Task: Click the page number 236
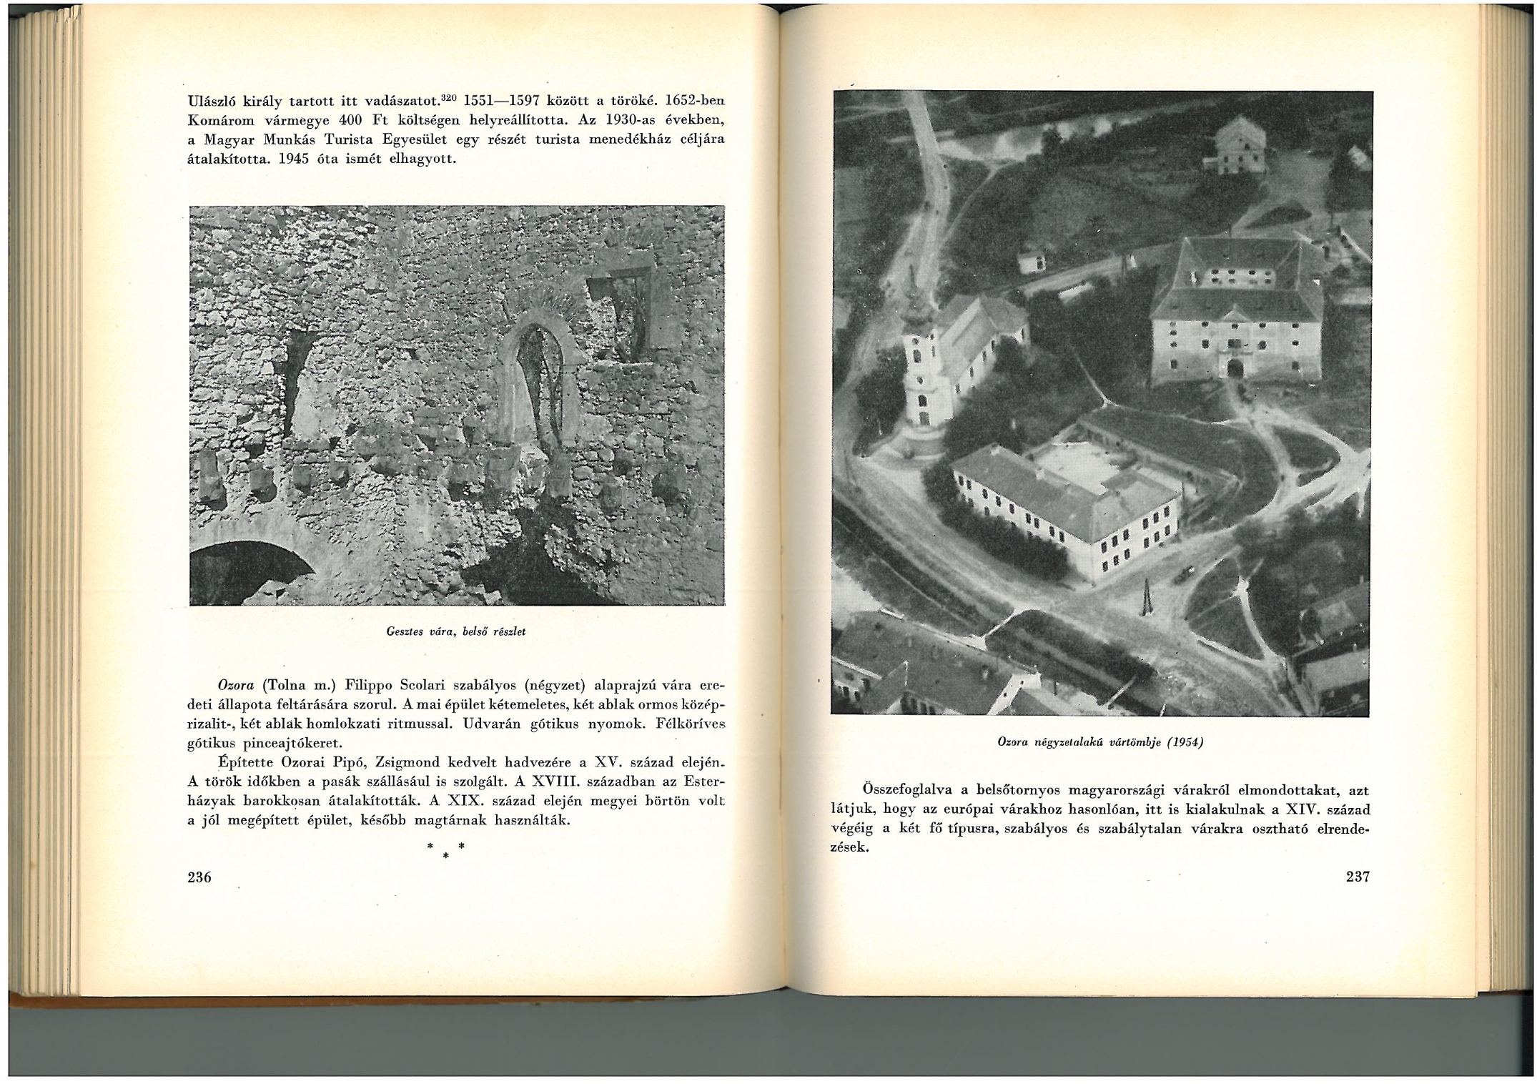pyautogui.click(x=199, y=877)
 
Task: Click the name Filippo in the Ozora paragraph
pyautogui.click(x=372, y=684)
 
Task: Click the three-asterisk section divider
pyautogui.click(x=445, y=849)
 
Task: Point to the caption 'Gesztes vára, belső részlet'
pyautogui.click(x=456, y=631)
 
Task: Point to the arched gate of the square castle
pyautogui.click(x=1235, y=368)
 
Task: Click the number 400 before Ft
pyautogui.click(x=352, y=120)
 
